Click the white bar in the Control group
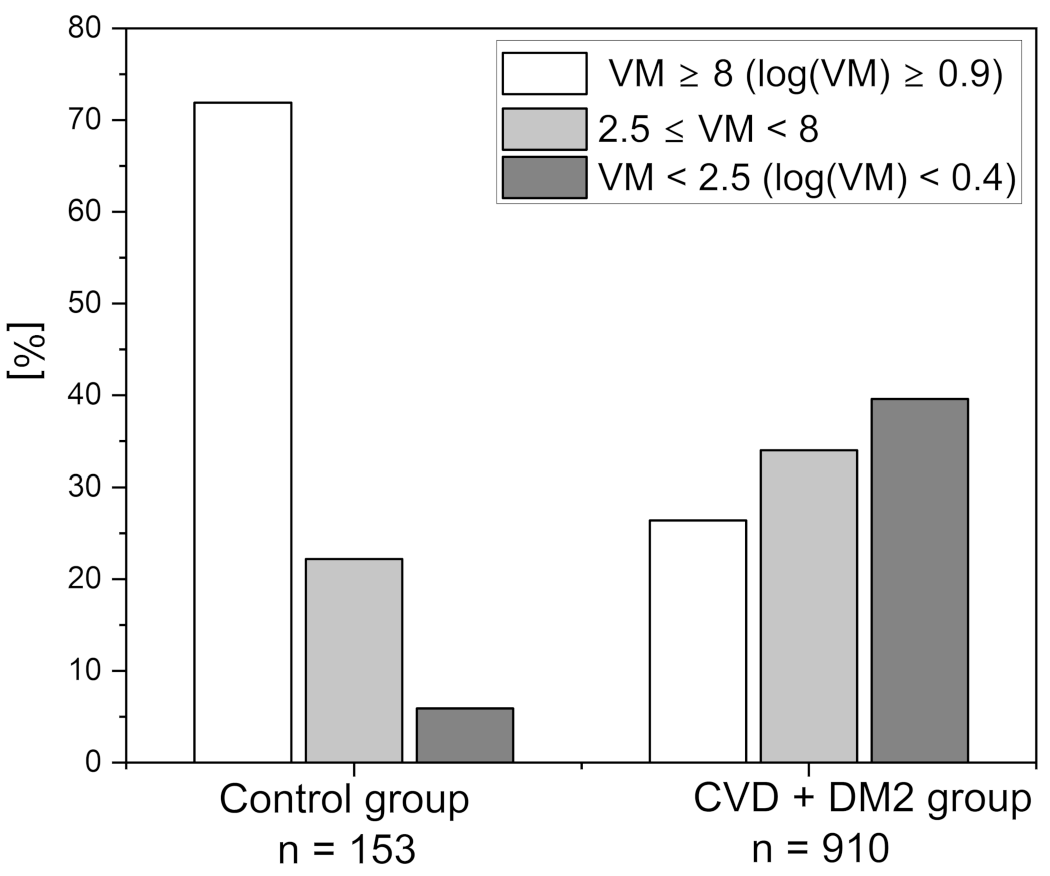(x=243, y=433)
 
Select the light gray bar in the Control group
(x=353, y=661)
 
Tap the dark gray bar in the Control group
(x=464, y=735)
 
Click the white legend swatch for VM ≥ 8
(x=544, y=74)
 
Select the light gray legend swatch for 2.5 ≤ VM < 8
(x=544, y=129)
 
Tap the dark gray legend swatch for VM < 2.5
(x=544, y=178)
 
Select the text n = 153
(x=347, y=850)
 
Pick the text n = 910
(x=820, y=849)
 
